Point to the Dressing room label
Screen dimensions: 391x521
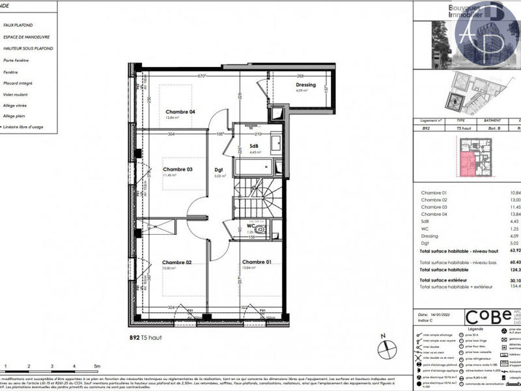[305, 85]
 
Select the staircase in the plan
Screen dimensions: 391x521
[259, 195]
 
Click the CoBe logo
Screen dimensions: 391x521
[488, 317]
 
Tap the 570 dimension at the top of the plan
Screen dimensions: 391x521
[202, 76]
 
